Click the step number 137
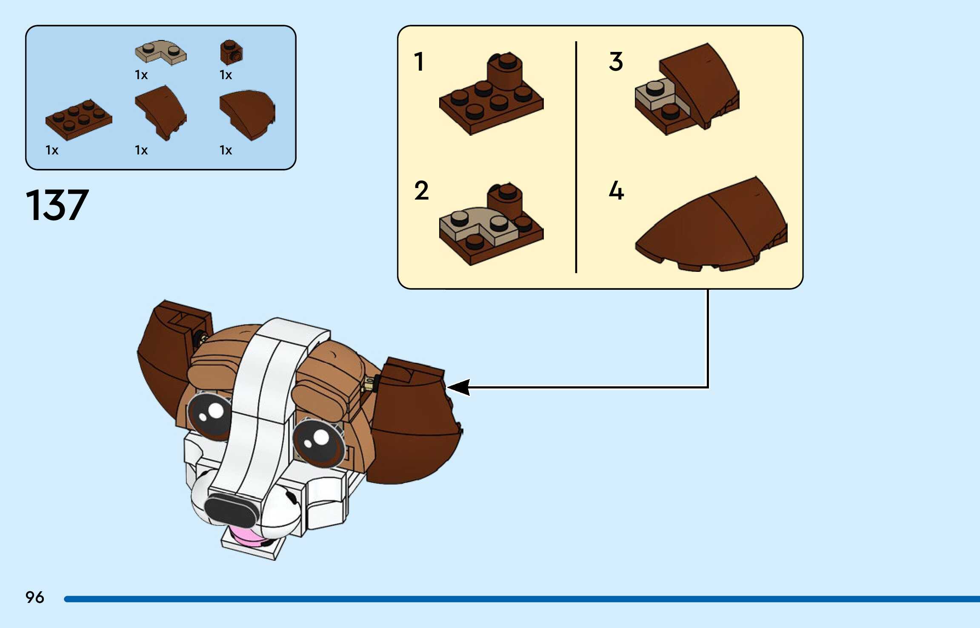coord(57,206)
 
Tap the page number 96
coord(34,597)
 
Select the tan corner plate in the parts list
coord(160,53)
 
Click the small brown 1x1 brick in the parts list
coord(231,52)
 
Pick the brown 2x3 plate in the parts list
coord(79,119)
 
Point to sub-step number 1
coord(419,62)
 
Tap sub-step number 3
coord(616,62)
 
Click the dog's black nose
coord(232,509)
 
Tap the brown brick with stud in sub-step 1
coord(506,72)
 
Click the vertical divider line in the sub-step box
coord(576,157)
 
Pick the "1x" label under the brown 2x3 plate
coord(52,150)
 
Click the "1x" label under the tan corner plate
coord(141,75)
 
